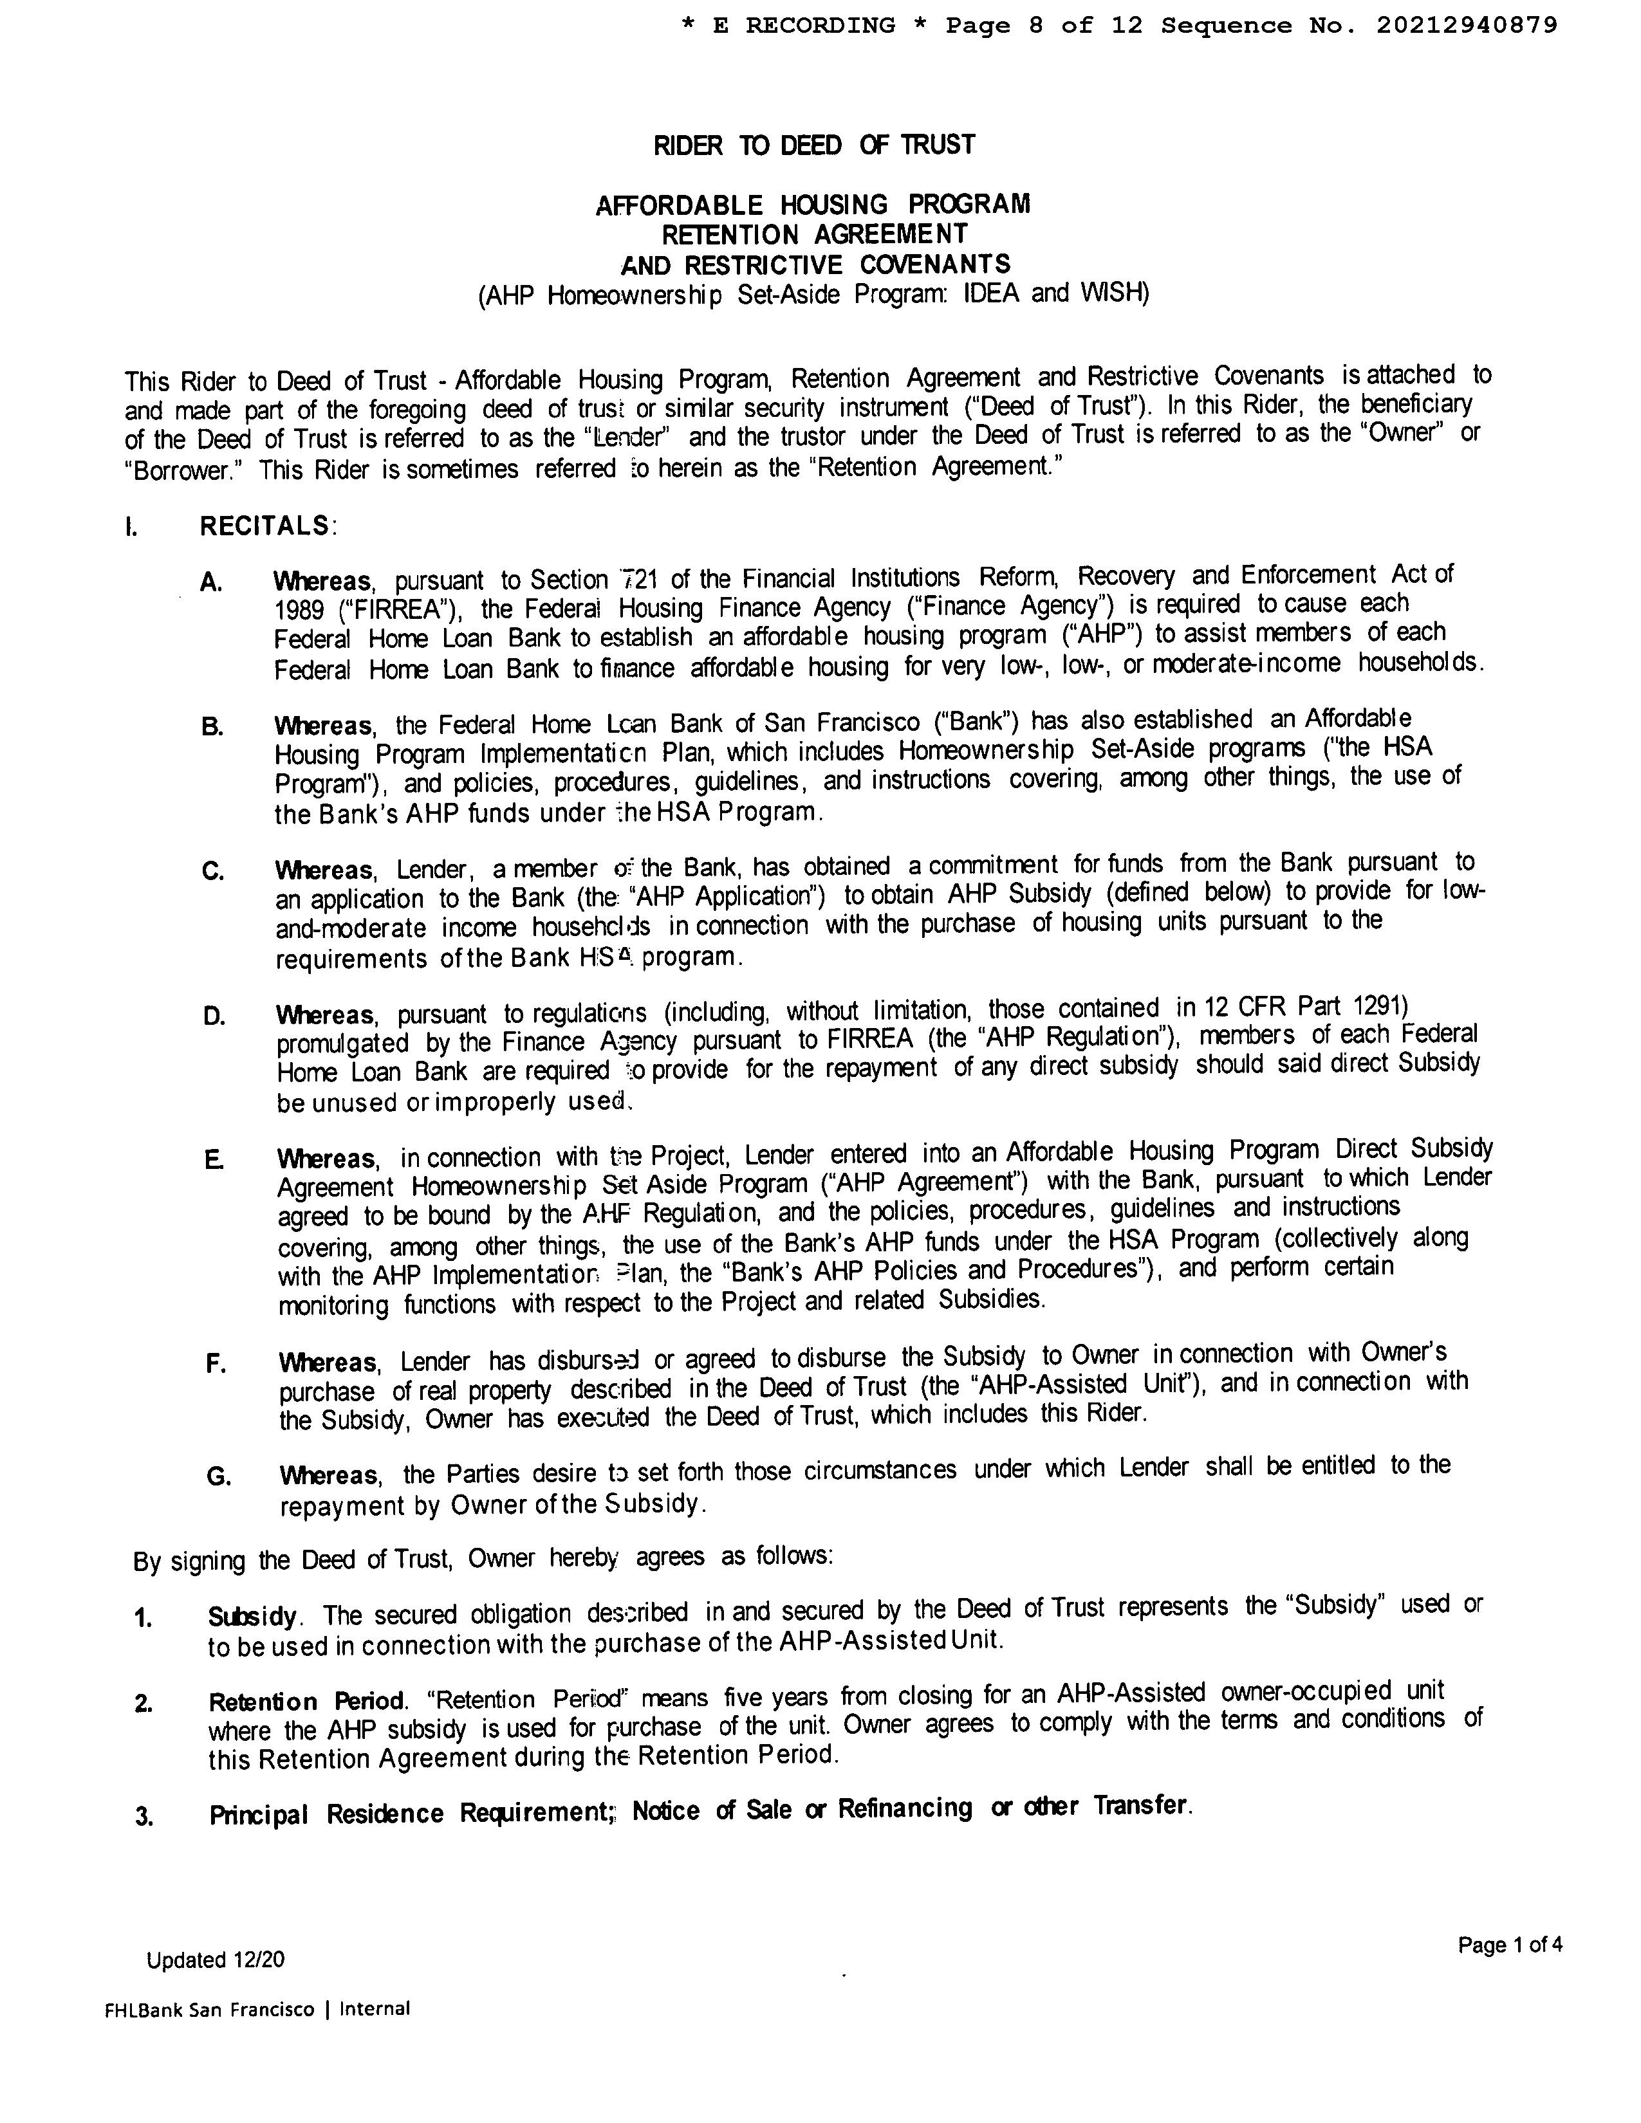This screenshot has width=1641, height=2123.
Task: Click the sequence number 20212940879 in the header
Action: (1465, 25)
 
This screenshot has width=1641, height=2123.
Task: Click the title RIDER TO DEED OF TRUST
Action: (813, 146)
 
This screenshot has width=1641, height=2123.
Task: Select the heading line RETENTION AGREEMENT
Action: (813, 234)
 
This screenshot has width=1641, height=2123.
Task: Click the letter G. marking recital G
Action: (219, 1476)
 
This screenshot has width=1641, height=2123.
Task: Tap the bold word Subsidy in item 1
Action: (252, 1617)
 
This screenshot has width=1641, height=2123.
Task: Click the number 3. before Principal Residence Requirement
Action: (144, 1816)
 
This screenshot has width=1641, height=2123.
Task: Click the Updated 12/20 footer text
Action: (216, 1960)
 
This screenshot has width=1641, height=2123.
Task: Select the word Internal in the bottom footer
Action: (375, 2008)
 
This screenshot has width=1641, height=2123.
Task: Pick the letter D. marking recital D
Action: (214, 1016)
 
